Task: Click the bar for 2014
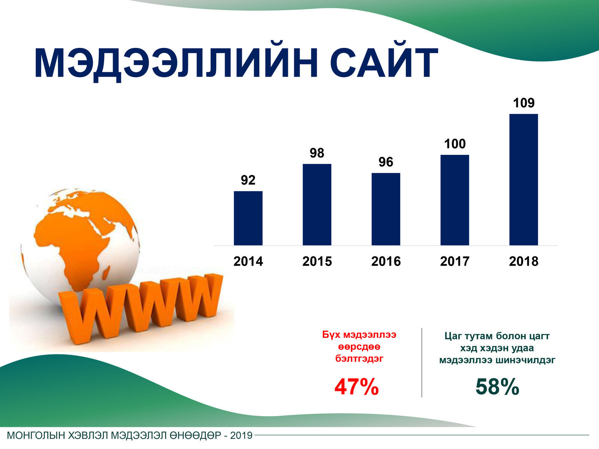(248, 218)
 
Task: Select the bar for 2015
(317, 204)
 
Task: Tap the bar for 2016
(386, 209)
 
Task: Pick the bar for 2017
(454, 200)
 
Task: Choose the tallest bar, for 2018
(524, 180)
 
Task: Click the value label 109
(524, 103)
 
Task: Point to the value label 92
(248, 180)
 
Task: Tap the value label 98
(317, 153)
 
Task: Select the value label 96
(386, 162)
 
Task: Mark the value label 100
(454, 144)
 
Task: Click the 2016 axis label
(386, 261)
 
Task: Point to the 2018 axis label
(524, 261)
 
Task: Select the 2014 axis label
(248, 261)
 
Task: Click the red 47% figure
(356, 387)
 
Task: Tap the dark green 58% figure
(497, 387)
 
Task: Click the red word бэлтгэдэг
(359, 358)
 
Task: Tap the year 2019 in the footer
(241, 436)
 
